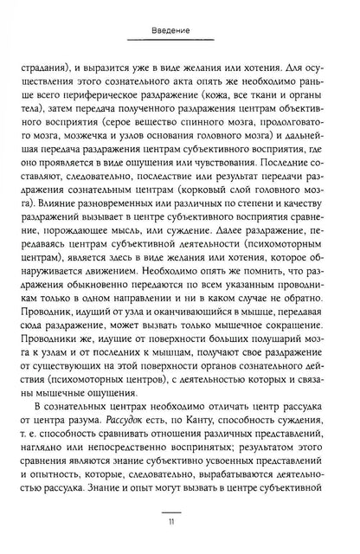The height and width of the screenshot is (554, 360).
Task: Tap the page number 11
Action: (x=180, y=522)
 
